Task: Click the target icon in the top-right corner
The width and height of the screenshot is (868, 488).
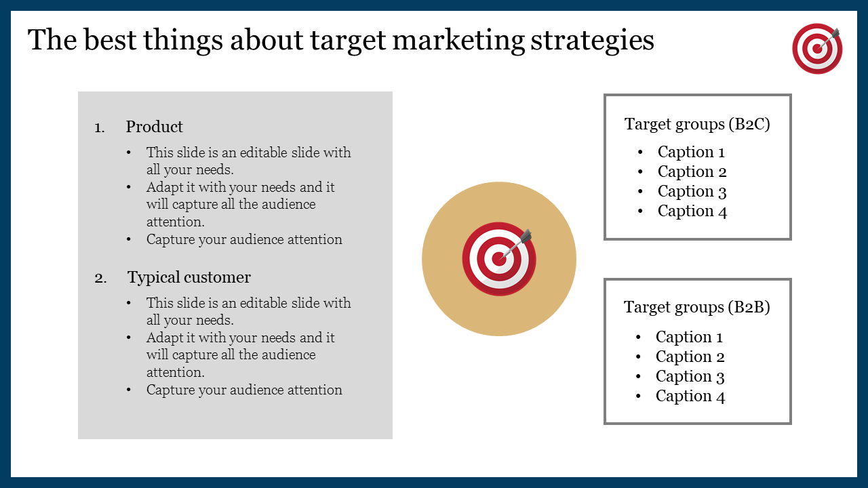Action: pos(817,48)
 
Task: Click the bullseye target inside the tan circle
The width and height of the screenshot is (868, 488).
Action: pos(499,259)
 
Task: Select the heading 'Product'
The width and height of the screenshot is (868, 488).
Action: pos(154,127)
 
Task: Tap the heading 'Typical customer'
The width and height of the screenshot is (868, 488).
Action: pos(189,277)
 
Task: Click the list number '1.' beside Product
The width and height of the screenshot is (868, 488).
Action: pos(100,127)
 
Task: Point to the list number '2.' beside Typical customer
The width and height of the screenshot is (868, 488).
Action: pos(100,278)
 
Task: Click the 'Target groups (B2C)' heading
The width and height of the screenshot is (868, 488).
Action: pos(697,124)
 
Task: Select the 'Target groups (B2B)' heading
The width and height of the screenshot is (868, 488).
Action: pos(696,307)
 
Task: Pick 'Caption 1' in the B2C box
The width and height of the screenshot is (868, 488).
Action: pos(691,152)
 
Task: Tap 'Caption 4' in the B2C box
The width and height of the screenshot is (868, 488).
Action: pos(692,211)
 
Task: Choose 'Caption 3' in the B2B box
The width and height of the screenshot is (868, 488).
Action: pos(690,376)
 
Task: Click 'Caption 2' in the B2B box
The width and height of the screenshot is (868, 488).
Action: pos(690,357)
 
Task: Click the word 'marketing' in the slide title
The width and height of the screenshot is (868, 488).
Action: pos(458,41)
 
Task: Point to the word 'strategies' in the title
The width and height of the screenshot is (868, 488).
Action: pos(592,41)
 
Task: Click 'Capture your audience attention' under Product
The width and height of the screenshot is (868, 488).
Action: pos(244,240)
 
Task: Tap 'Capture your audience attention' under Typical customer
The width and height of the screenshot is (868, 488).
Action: pos(244,390)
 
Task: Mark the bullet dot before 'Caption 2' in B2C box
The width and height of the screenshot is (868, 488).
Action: pos(640,171)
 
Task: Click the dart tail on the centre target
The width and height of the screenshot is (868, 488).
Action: pos(526,236)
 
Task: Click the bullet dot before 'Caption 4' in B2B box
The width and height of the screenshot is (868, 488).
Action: pos(638,396)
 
